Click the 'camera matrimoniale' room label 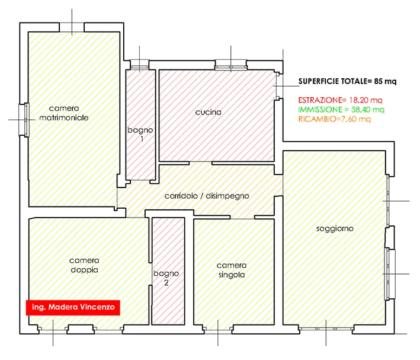(64, 113)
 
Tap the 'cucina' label (209, 112)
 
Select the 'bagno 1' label (140, 134)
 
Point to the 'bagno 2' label (166, 278)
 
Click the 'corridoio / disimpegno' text (207, 196)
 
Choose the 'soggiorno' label (335, 228)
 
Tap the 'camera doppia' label (84, 265)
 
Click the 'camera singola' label (232, 270)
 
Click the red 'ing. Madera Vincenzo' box (73, 307)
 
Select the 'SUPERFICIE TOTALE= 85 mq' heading (347, 81)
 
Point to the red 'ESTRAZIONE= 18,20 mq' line (340, 100)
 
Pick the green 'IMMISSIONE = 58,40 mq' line (341, 110)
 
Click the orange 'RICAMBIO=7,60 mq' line (335, 119)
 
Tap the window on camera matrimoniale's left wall (24, 120)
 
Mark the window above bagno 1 (139, 65)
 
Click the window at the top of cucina (230, 65)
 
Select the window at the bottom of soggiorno (326, 329)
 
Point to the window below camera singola (218, 329)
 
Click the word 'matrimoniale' (64, 118)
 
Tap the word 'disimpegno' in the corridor (227, 196)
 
